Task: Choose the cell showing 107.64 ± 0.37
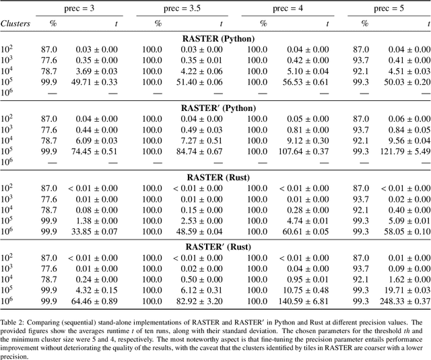pyautogui.click(x=302, y=151)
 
